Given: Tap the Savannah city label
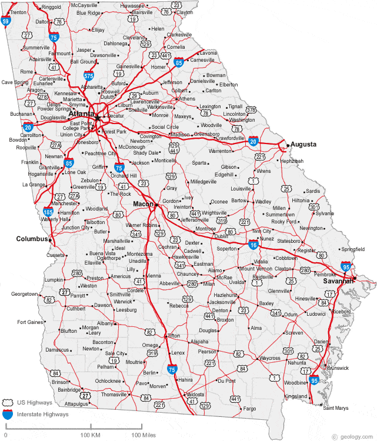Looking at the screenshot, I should (x=338, y=281).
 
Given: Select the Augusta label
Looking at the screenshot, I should (x=303, y=144).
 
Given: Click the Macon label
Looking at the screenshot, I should (x=143, y=203).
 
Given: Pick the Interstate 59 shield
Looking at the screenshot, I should (x=5, y=22).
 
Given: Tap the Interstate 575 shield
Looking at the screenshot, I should (x=88, y=75).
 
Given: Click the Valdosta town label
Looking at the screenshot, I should (x=195, y=394).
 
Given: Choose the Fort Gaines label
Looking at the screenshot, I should (x=31, y=322).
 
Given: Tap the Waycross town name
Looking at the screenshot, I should (x=270, y=358).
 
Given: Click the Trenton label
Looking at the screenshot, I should (x=18, y=12).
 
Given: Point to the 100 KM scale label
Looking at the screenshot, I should (x=91, y=435).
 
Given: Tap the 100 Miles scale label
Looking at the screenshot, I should (x=144, y=435).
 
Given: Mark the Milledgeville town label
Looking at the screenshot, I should (x=203, y=182).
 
